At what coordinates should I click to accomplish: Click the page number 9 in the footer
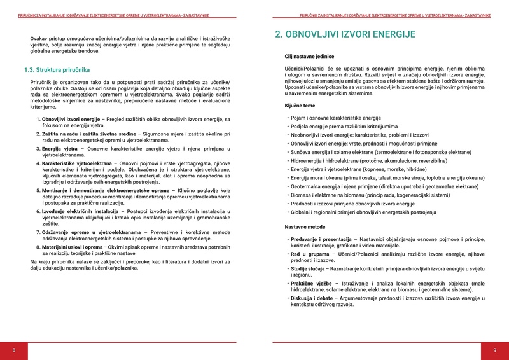[x=494, y=350]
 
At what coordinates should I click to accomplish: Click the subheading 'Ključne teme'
[x=300, y=106]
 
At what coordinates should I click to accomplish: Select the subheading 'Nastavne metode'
[x=305, y=227]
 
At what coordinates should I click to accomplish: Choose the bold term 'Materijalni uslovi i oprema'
[x=76, y=245]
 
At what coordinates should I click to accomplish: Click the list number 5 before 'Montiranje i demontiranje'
[x=38, y=190]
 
